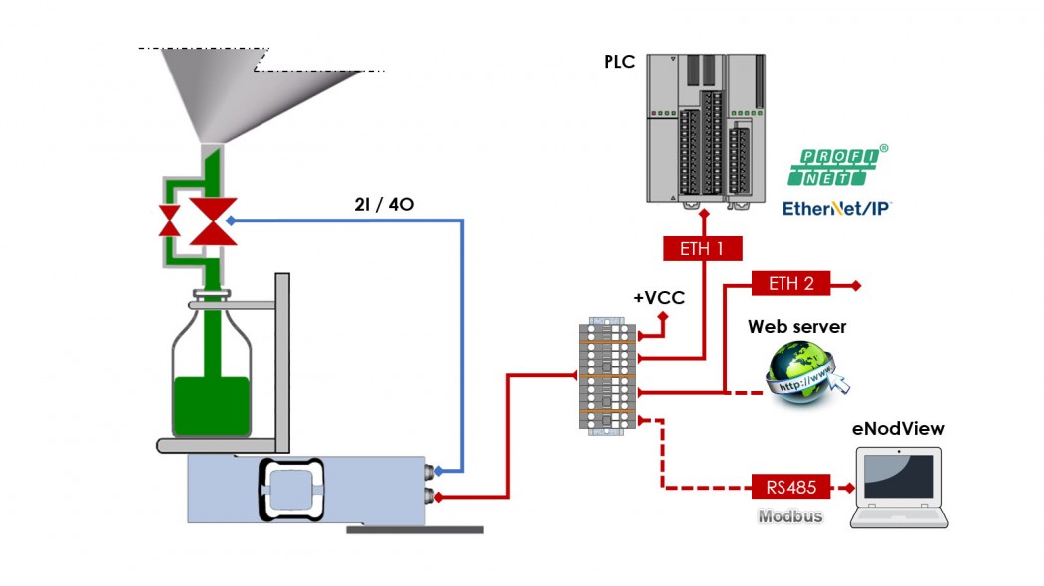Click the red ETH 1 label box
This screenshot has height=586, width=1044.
(x=702, y=248)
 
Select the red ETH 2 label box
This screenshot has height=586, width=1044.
(x=790, y=284)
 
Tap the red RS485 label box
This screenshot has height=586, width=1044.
(x=790, y=488)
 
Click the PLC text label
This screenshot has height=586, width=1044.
(x=619, y=62)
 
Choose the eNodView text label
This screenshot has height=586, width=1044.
(x=898, y=429)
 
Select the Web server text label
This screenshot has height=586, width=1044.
(x=797, y=326)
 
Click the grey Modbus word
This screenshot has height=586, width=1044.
(x=790, y=516)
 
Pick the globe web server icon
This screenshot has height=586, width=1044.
(x=803, y=369)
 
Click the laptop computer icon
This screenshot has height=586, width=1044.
(x=901, y=487)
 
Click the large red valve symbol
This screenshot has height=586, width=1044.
(x=213, y=220)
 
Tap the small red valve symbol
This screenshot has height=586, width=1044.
(x=170, y=220)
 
